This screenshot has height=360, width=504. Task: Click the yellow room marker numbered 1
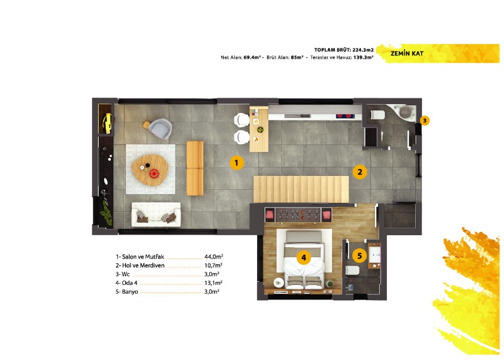tap(236, 163)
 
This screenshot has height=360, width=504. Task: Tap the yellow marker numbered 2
tap(360, 172)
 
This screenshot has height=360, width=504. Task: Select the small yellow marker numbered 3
tap(425, 120)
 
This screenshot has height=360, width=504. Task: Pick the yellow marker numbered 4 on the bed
tap(304, 257)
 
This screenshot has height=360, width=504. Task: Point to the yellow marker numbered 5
tap(359, 256)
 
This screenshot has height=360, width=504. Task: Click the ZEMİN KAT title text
tap(407, 54)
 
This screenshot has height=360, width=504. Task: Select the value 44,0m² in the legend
tap(214, 257)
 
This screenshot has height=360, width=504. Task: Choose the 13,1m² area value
tap(214, 283)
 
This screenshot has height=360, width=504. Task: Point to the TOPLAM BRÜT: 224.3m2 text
tap(344, 50)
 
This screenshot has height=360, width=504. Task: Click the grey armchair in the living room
tap(159, 129)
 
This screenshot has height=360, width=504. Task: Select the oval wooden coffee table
tap(150, 170)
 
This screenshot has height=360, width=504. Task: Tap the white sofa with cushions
tap(156, 214)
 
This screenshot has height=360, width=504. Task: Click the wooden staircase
tap(301, 189)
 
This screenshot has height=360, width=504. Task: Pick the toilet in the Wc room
tap(377, 115)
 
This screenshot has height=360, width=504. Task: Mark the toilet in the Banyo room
tap(353, 270)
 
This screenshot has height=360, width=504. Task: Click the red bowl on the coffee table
tap(154, 174)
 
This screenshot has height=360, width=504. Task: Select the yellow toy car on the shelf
tap(107, 123)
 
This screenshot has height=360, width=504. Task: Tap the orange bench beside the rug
tap(195, 168)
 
